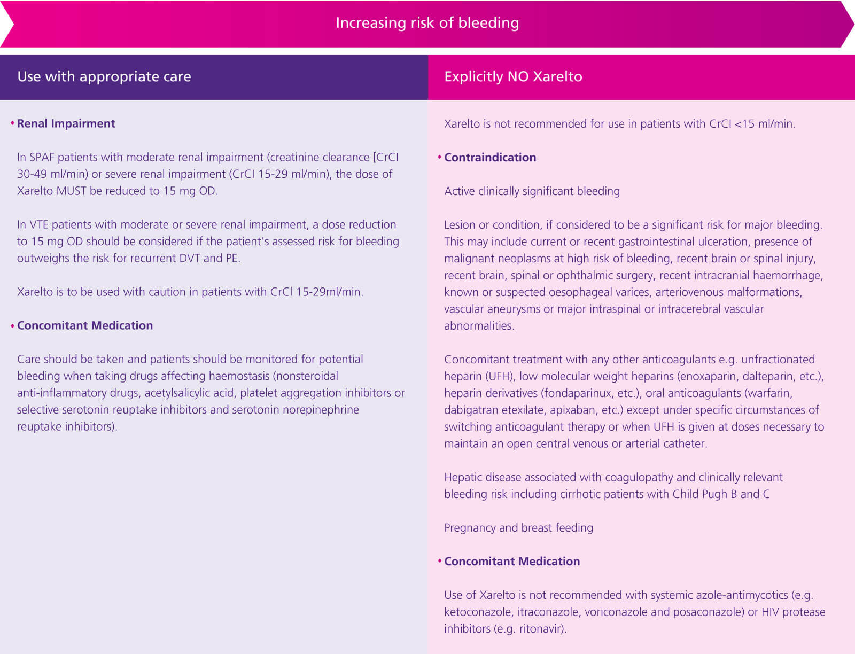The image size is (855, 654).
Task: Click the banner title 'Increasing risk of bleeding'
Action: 427,23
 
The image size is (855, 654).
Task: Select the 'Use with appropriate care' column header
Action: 104,76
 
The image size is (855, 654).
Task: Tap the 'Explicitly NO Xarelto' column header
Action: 513,76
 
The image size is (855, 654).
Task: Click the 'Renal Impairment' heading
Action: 66,123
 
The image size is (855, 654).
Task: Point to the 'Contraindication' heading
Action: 489,157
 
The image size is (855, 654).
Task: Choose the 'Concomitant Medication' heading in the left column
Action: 84,325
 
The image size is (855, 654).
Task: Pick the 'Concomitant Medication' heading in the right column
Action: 511,561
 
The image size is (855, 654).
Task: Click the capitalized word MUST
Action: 71,191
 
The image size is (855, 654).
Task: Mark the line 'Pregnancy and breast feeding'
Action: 518,527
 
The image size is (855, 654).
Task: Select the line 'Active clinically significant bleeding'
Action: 532,191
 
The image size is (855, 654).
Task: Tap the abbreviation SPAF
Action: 42,157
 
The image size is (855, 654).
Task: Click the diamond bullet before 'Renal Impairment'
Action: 12,123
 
